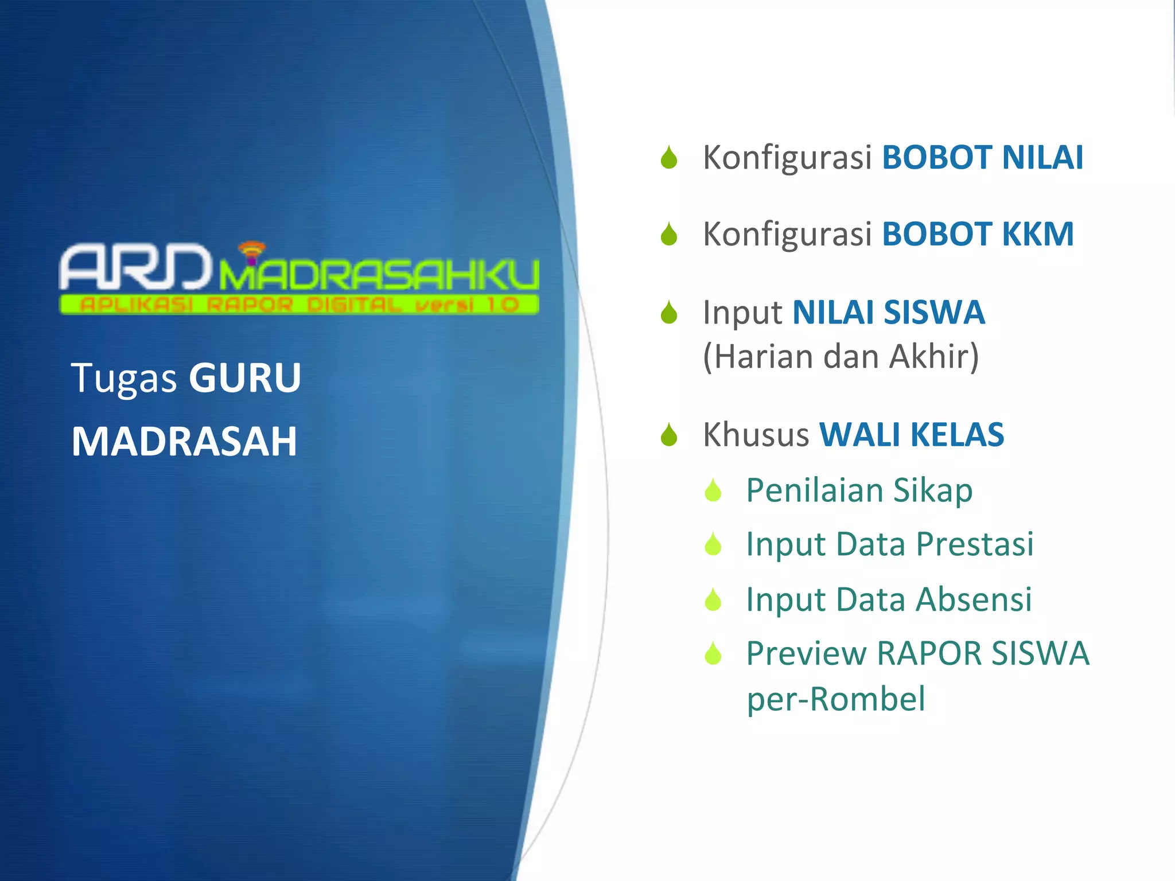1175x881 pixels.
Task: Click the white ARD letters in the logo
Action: pos(135,267)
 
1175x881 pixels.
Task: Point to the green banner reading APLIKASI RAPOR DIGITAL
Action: pos(299,305)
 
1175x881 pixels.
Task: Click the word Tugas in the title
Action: pos(124,379)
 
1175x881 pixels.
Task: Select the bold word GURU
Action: pos(245,378)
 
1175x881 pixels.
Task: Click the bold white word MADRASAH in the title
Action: pos(184,442)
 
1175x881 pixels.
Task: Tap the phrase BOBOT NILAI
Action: pos(982,158)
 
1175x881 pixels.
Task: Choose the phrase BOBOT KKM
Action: pos(978,234)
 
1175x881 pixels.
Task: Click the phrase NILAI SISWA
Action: pos(889,313)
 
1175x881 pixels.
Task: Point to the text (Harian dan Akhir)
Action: pos(841,357)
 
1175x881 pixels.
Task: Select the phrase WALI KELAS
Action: pos(912,435)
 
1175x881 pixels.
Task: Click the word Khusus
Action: pos(756,435)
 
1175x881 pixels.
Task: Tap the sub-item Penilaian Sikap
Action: pos(859,490)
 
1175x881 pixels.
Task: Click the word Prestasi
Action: pos(975,544)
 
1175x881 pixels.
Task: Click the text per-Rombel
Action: pos(836,699)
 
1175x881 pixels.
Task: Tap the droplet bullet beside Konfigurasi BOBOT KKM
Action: pos(669,235)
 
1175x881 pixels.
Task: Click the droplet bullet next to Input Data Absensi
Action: pos(713,600)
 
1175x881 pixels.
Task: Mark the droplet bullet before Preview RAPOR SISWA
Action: pos(713,653)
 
